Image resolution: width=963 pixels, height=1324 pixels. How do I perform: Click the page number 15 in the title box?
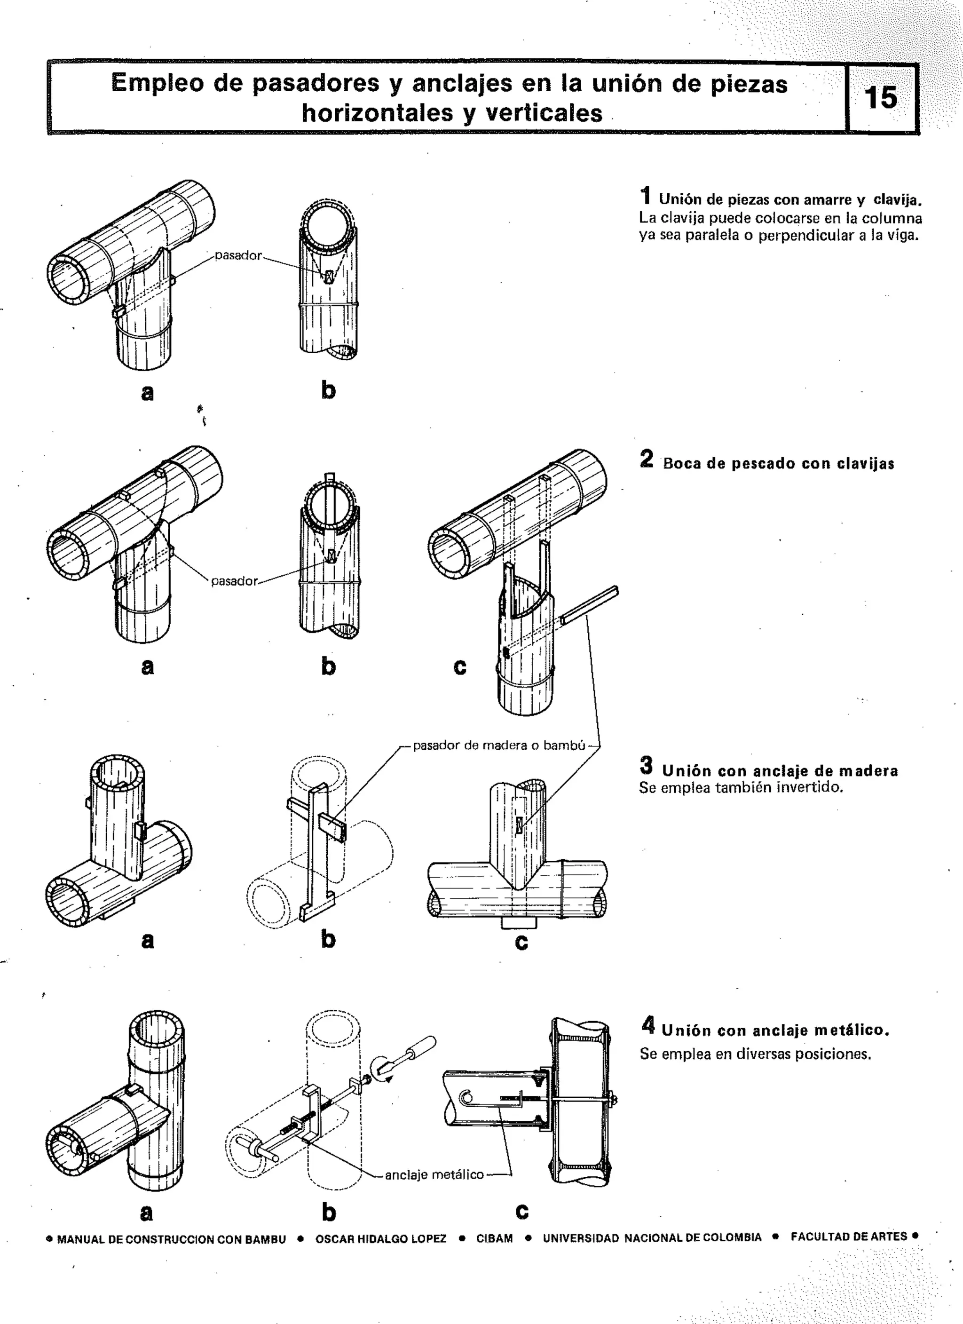[x=881, y=97]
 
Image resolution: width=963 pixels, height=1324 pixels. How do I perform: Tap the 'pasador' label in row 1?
[x=238, y=256]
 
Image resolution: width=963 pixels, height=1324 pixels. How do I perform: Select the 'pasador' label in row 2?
[x=234, y=581]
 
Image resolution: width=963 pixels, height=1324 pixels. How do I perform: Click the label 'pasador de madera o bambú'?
[x=499, y=745]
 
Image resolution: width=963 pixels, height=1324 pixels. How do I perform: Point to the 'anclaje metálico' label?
[x=434, y=1174]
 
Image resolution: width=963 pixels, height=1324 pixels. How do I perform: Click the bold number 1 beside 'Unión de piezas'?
[x=646, y=196]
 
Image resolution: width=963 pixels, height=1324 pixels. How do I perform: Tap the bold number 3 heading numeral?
[x=646, y=765]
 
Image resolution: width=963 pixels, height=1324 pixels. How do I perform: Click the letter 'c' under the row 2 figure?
[x=460, y=666]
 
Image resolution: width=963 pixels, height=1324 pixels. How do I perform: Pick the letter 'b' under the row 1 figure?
[x=329, y=390]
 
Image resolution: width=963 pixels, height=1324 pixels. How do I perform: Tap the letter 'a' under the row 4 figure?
[x=147, y=1213]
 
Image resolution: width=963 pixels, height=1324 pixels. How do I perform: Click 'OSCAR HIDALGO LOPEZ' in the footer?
[x=380, y=1239]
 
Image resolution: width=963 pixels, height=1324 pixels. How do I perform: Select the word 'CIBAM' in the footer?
[x=494, y=1239]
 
